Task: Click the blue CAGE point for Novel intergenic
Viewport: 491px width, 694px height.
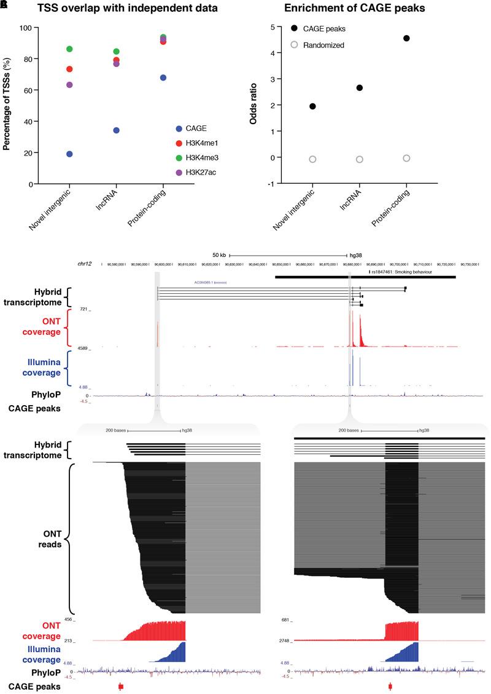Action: (x=69, y=154)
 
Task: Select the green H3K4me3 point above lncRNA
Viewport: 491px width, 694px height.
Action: (x=116, y=52)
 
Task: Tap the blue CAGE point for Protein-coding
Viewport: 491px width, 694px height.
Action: (x=163, y=77)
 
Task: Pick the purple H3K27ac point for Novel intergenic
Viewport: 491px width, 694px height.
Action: (x=69, y=85)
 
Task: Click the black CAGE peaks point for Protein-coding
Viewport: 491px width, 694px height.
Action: (x=406, y=38)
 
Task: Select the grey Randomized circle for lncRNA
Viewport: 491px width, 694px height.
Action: (x=360, y=159)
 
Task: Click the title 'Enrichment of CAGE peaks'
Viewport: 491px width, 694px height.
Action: (x=358, y=9)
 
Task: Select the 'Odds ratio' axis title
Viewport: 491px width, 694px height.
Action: (x=254, y=106)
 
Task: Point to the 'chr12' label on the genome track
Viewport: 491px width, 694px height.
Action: (x=85, y=263)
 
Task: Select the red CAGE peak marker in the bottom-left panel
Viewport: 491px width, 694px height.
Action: (x=121, y=686)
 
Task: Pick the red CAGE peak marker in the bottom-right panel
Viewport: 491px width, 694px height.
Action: (x=390, y=686)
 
